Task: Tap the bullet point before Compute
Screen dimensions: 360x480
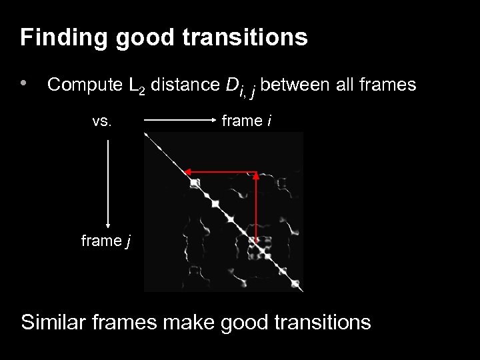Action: (25, 85)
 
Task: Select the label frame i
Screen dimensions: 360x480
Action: (247, 121)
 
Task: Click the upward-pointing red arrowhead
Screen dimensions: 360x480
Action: (256, 177)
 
